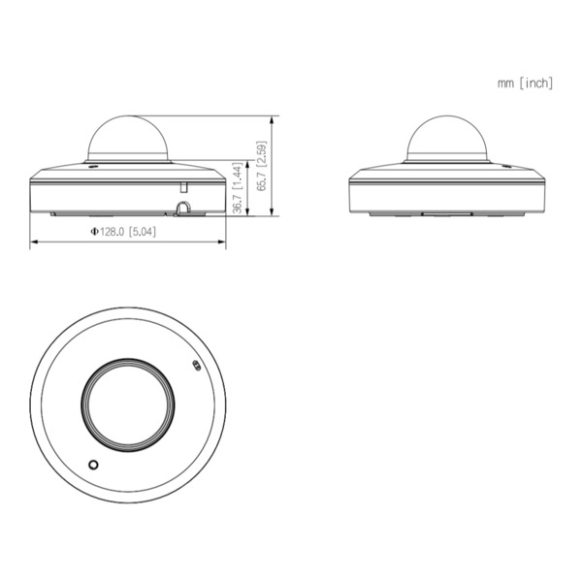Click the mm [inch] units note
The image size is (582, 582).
click(x=525, y=83)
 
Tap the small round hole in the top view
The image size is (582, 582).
click(x=93, y=465)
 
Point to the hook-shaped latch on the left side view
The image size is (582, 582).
click(x=183, y=207)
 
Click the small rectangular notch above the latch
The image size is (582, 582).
click(x=181, y=183)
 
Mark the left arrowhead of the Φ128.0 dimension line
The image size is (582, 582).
click(x=33, y=242)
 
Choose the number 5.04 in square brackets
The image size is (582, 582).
click(x=144, y=233)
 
